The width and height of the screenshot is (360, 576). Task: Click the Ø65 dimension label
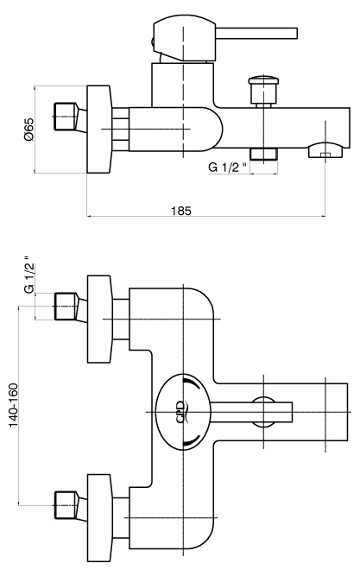pyautogui.click(x=28, y=130)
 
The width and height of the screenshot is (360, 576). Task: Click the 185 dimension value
pyautogui.click(x=181, y=211)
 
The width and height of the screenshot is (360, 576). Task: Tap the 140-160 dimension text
pyautogui.click(x=14, y=405)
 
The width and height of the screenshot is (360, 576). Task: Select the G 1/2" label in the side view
pyautogui.click(x=228, y=168)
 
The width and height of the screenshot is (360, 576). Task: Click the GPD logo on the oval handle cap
pyautogui.click(x=182, y=412)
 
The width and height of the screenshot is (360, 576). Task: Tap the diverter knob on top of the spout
pyautogui.click(x=263, y=91)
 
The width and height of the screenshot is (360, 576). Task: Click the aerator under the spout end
pyautogui.click(x=325, y=150)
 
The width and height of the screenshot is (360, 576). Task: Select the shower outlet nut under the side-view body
pyautogui.click(x=263, y=155)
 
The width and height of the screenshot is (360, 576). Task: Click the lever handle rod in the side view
pyautogui.click(x=256, y=33)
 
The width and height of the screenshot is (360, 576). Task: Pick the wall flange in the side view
pyautogui.click(x=98, y=129)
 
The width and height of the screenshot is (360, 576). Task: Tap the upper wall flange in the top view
pyautogui.click(x=98, y=319)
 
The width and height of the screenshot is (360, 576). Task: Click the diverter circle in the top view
pyautogui.click(x=263, y=412)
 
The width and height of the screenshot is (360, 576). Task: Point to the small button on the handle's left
pyautogui.click(x=151, y=41)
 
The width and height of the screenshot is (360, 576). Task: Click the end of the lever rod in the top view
pyautogui.click(x=292, y=412)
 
